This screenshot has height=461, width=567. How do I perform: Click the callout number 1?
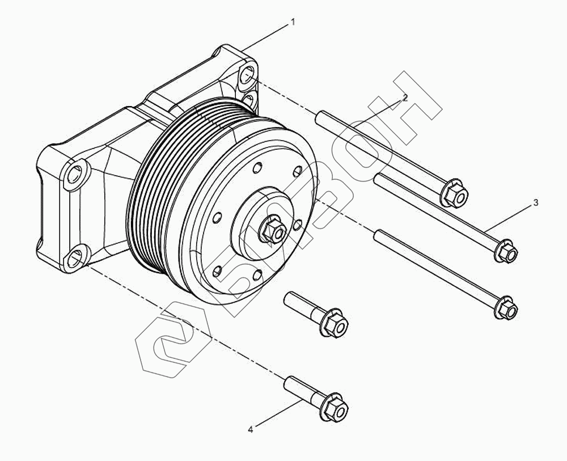293,23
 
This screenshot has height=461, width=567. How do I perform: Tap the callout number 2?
405,98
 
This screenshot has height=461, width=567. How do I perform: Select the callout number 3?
536,203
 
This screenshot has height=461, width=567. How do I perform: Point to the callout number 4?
251,430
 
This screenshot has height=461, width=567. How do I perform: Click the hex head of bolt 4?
334,408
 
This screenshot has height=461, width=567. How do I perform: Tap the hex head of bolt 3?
506,251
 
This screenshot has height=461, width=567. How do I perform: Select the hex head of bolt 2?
454,193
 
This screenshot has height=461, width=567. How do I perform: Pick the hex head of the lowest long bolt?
506,308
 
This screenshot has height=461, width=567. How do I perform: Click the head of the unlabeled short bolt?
334,323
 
